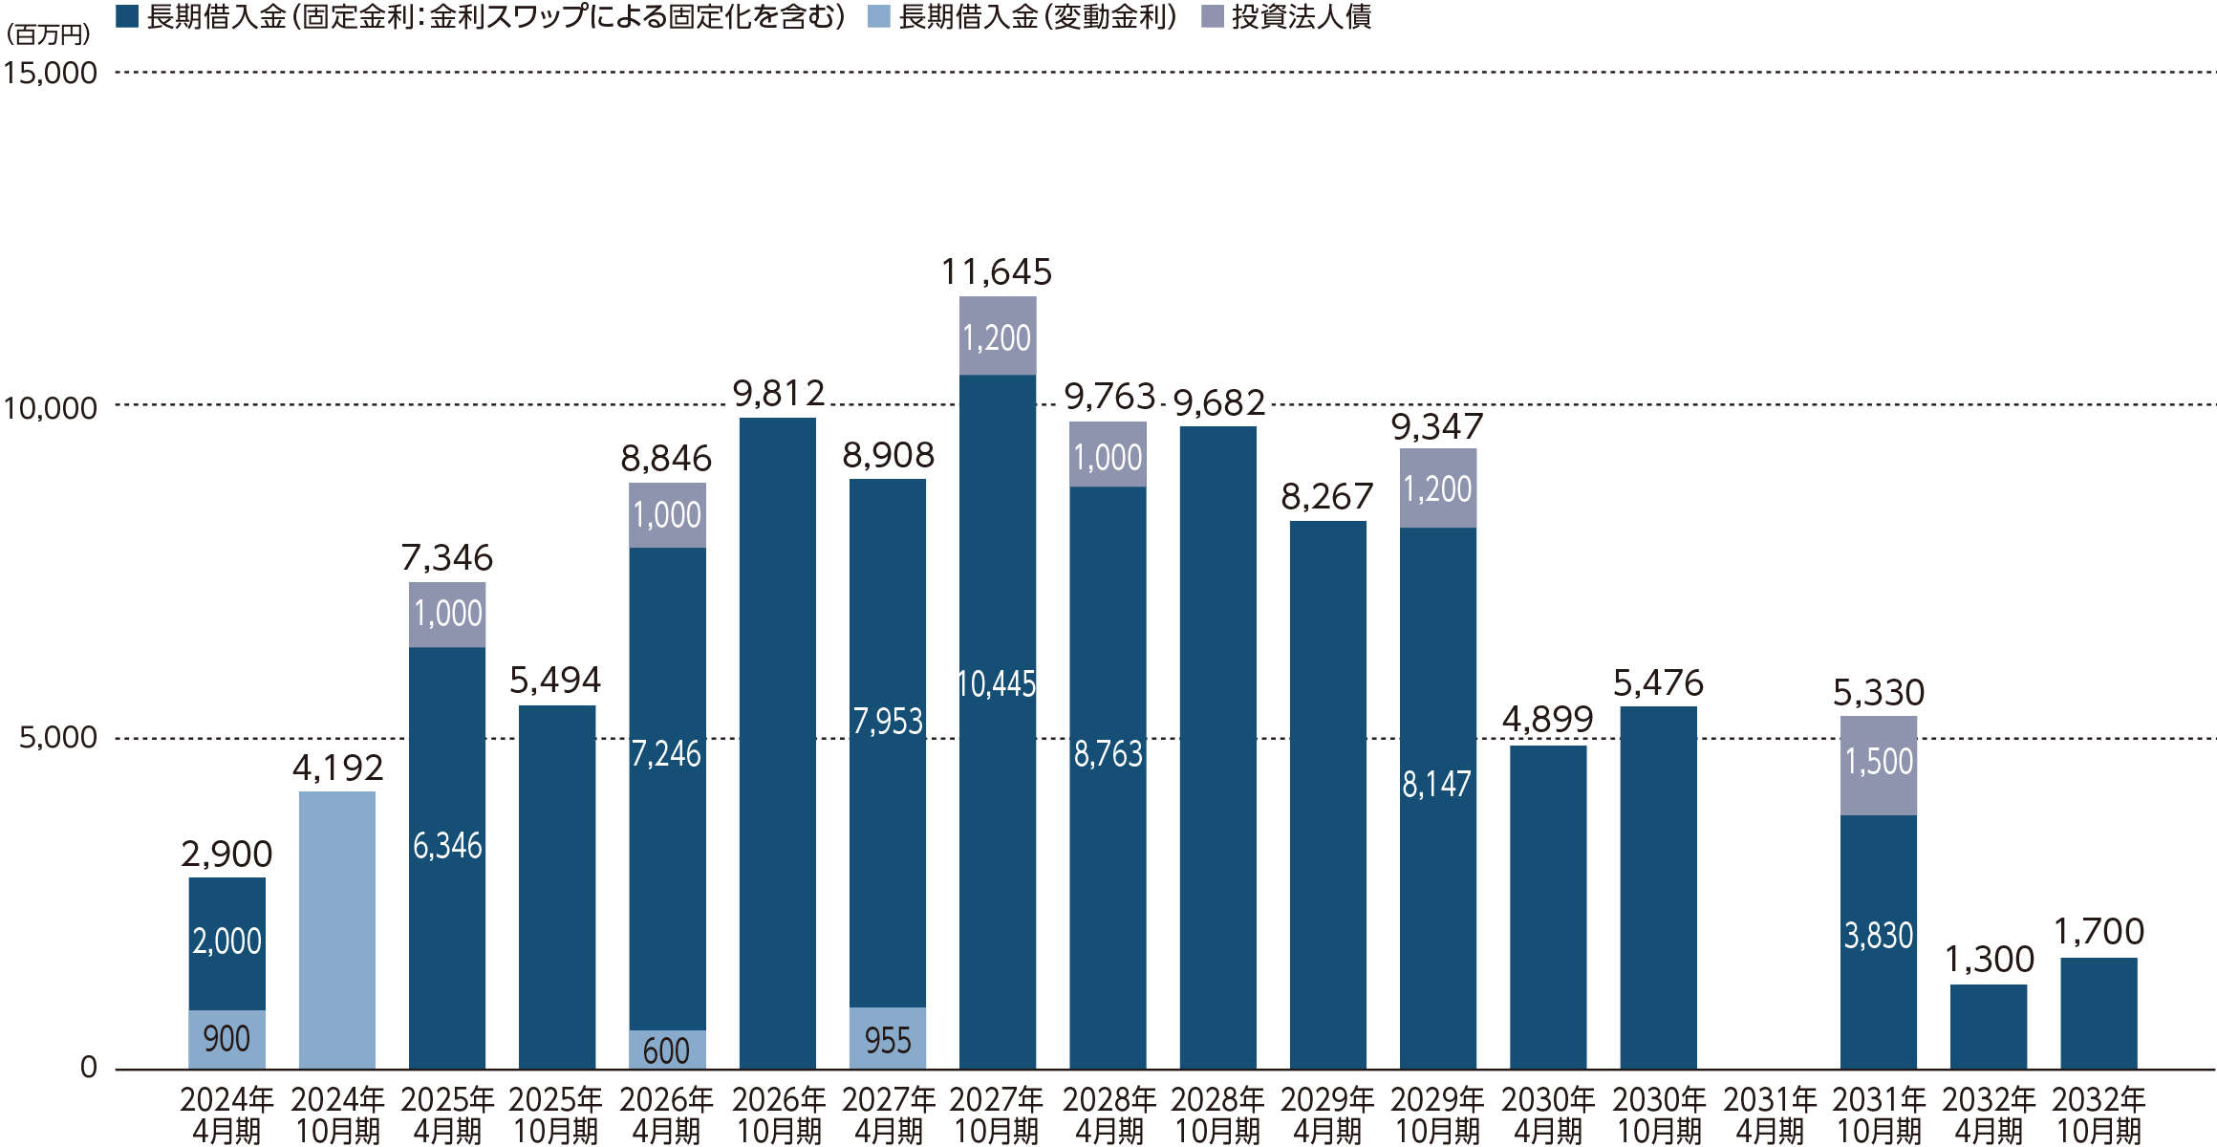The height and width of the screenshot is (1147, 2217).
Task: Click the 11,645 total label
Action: (x=997, y=272)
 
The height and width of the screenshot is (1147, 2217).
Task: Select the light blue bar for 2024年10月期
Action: (x=336, y=929)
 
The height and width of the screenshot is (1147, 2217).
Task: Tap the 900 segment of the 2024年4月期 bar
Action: (x=226, y=1039)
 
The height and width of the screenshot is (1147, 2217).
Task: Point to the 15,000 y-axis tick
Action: (x=51, y=74)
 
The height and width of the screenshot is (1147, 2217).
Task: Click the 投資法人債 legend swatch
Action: (x=1212, y=16)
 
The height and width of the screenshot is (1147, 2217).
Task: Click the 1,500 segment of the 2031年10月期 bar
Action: (x=1878, y=764)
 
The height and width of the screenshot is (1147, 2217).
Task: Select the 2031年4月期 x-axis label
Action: (x=1769, y=1115)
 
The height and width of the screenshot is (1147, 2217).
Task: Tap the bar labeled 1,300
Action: (x=1988, y=1026)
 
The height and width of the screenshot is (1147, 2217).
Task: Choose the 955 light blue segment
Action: (x=888, y=1039)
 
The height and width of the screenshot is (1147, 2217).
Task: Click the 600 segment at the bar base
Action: (x=667, y=1050)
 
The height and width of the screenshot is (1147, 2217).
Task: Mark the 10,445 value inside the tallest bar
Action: (x=997, y=684)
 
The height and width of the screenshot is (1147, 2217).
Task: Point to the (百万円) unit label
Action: (x=48, y=34)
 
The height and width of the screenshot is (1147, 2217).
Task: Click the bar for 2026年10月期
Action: (x=777, y=743)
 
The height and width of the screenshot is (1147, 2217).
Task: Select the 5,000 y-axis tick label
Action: (x=58, y=737)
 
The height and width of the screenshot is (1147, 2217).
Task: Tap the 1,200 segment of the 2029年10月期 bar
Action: (x=1437, y=488)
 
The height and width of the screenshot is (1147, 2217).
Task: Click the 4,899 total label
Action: (x=1547, y=719)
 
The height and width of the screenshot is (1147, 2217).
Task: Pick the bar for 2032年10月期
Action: (x=2099, y=1012)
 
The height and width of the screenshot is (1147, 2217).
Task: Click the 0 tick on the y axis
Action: (x=89, y=1067)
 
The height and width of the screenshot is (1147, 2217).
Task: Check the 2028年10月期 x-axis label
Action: (x=1217, y=1115)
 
